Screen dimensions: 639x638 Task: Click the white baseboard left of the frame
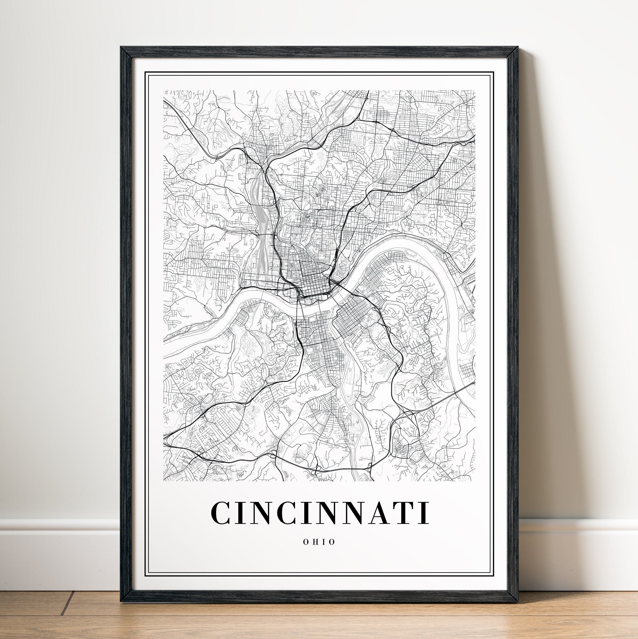[60, 542]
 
